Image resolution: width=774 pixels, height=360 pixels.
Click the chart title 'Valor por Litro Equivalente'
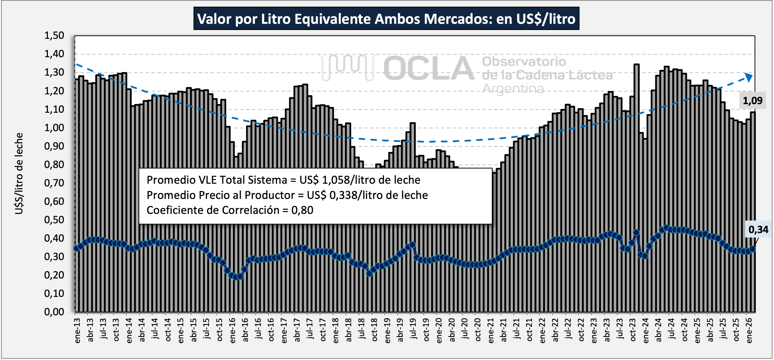[386, 19]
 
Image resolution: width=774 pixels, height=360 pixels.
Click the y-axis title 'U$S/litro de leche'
[19, 173]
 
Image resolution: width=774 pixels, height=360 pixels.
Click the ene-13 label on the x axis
[77, 331]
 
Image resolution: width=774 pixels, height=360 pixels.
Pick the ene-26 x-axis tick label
[749, 331]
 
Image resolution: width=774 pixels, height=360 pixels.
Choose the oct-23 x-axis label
[633, 331]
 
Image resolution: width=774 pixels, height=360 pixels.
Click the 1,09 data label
[752, 101]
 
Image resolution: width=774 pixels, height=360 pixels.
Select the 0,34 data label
[758, 230]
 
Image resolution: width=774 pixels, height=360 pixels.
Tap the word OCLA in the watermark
[428, 69]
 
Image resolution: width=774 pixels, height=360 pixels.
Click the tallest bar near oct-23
[636, 120]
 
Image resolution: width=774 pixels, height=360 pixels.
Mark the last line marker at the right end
[753, 249]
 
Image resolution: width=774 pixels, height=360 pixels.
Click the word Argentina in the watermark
[513, 89]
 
